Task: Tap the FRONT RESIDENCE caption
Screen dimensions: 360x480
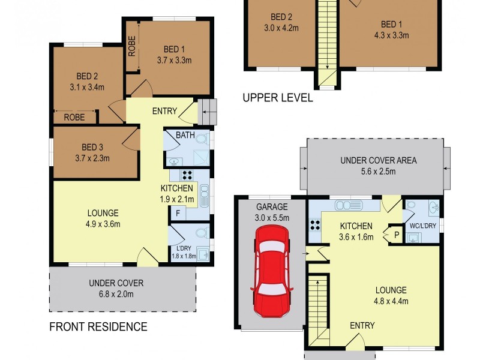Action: click(98, 327)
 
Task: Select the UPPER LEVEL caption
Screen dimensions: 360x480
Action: click(277, 98)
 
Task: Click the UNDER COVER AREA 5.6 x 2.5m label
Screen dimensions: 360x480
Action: click(378, 166)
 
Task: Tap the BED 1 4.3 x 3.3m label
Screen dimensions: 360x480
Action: click(391, 29)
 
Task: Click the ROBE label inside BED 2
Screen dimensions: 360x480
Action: click(74, 118)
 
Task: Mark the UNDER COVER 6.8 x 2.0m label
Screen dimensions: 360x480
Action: click(116, 288)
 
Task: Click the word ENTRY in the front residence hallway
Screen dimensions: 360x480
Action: click(164, 111)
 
